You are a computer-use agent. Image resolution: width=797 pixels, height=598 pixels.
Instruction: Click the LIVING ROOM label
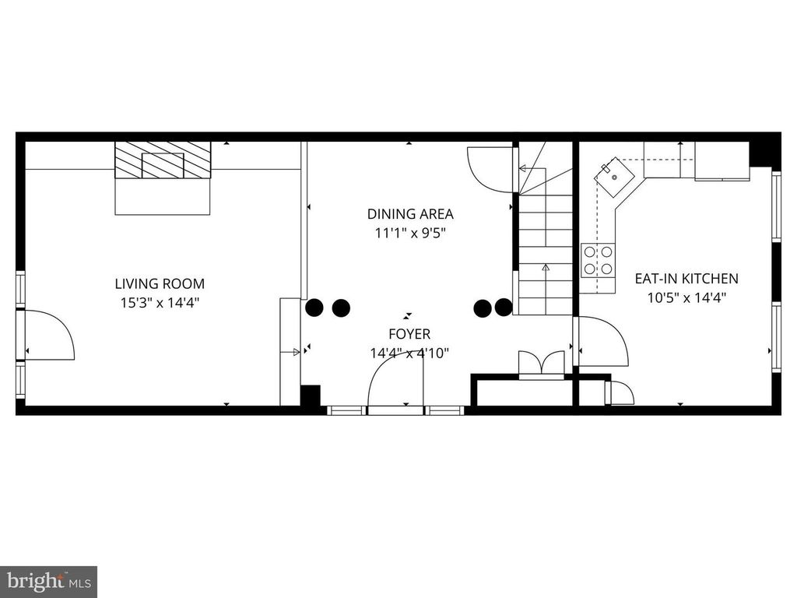160,283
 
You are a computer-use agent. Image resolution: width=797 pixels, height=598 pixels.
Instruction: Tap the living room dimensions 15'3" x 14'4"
160,303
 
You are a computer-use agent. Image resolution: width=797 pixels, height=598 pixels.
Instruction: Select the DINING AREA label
410,214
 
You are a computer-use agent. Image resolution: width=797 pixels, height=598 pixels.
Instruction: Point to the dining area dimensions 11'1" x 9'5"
410,234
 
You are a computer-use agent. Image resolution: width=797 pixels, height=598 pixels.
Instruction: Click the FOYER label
409,334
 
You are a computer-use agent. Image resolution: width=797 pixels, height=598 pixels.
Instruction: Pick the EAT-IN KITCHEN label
686,279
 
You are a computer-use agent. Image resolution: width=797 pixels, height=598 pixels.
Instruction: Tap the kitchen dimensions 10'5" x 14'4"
686,298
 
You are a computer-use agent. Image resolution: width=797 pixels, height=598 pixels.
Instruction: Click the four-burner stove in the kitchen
598,260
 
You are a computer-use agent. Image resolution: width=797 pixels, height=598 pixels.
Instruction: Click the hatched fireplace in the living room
163,160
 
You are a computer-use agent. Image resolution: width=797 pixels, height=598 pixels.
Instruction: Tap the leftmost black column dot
314,308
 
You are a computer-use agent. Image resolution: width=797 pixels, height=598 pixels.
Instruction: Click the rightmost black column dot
504,307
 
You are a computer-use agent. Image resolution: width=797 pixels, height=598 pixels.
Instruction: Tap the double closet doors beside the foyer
542,364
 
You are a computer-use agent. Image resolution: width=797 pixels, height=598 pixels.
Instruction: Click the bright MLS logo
49,580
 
